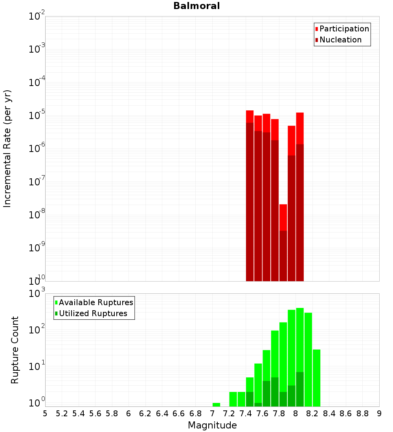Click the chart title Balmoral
196,6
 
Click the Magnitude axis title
212,425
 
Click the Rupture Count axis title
15,350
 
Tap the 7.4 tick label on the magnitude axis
246,414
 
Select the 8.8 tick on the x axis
362,414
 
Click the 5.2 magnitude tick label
62,414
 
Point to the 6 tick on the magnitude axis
129,414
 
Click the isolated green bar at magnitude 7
216,405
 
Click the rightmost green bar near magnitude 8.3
316,377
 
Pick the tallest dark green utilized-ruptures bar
300,389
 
